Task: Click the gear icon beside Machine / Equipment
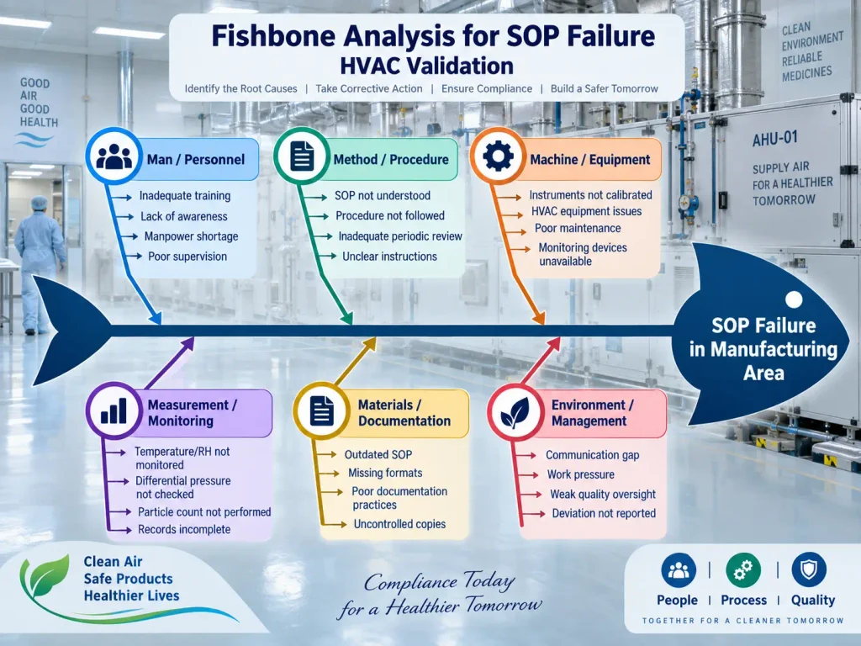click(498, 156)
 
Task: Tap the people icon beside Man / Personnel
click(114, 156)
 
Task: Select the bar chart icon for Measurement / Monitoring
click(114, 410)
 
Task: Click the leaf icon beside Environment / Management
click(515, 412)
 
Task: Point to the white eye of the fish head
click(794, 299)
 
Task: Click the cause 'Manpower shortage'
click(191, 236)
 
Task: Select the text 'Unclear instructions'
click(389, 257)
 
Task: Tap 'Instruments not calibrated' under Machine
click(590, 195)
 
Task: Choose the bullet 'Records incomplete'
click(184, 530)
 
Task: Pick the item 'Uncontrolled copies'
click(399, 524)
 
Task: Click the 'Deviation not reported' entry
click(604, 513)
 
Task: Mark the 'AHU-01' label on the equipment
click(774, 139)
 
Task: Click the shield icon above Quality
click(809, 569)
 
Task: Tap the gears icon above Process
click(743, 570)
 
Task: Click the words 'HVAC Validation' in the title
click(426, 66)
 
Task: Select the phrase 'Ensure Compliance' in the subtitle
click(487, 89)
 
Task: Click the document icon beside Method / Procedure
click(302, 156)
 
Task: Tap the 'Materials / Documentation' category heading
click(404, 412)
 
